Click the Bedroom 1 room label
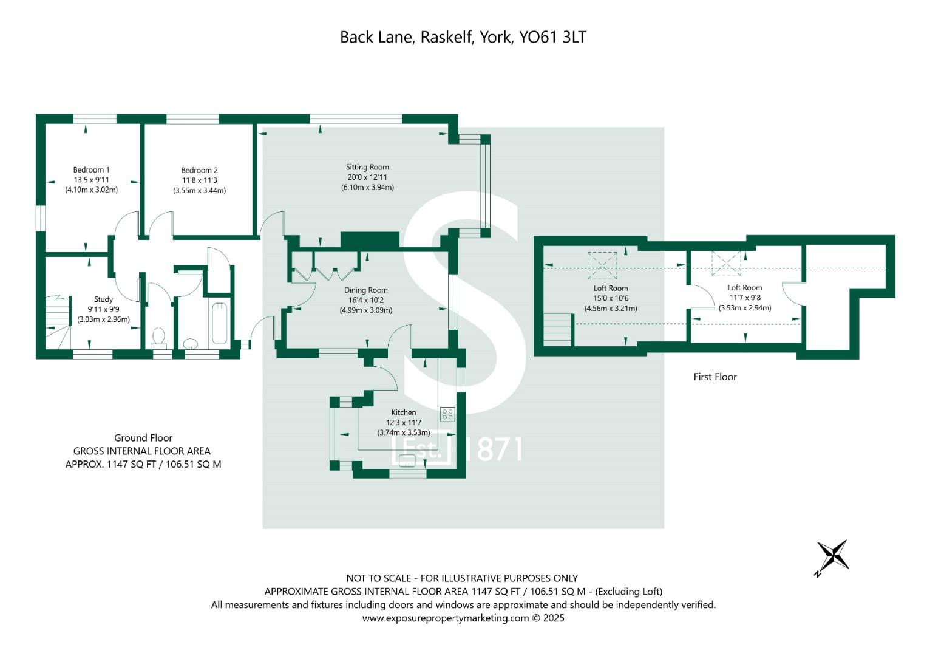(92, 170)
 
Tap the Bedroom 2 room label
(200, 170)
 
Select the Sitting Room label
(367, 167)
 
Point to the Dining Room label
(366, 290)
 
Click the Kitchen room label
(404, 412)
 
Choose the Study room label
(103, 299)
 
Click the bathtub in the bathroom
(219, 324)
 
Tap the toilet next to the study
(159, 338)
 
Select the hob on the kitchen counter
(447, 414)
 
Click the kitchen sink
(407, 460)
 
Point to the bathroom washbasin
(191, 343)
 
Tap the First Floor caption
(715, 377)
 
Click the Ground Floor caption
(143, 438)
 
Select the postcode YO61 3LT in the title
(552, 37)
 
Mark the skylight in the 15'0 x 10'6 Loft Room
(602, 265)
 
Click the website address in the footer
(446, 618)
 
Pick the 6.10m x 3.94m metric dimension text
(367, 187)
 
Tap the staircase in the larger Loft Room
(558, 330)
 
